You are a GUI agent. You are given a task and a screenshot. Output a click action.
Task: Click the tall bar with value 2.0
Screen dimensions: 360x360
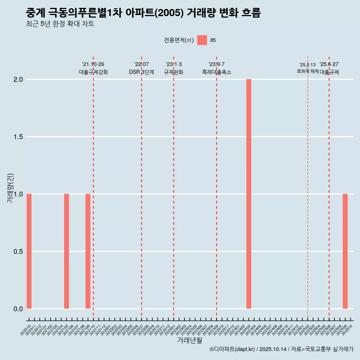coord(249,194)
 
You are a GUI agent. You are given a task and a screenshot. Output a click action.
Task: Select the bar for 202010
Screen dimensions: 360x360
coord(29,251)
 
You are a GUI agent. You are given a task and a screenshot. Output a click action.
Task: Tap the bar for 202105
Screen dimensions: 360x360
coord(66,251)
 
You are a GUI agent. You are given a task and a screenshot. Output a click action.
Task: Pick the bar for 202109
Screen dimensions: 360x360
coord(88,251)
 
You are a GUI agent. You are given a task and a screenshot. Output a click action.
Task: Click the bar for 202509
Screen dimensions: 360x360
coord(345,251)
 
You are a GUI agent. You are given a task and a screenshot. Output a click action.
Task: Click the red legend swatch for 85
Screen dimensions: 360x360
coord(202,40)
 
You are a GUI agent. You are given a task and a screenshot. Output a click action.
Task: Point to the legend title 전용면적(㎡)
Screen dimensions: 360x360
coord(179,40)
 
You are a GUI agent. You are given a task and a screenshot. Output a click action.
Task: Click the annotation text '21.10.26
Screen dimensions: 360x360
coord(93,64)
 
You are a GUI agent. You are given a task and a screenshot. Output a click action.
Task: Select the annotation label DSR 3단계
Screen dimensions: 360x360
coord(141,72)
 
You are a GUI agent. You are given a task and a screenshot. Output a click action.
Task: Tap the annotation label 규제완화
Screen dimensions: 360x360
coord(174,72)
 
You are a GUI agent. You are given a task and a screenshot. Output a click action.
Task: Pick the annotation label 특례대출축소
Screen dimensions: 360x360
coord(216,72)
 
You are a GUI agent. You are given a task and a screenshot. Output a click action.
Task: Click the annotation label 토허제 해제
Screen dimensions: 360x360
coord(307,71)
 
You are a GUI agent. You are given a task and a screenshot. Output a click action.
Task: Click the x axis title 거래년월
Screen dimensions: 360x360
coord(189,340)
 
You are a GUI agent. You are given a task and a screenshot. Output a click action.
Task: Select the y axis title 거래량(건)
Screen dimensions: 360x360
coord(10,188)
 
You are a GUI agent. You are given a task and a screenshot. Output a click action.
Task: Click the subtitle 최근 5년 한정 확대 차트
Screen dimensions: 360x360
coord(60,24)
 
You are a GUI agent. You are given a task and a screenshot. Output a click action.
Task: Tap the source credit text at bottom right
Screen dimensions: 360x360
coord(281,349)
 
